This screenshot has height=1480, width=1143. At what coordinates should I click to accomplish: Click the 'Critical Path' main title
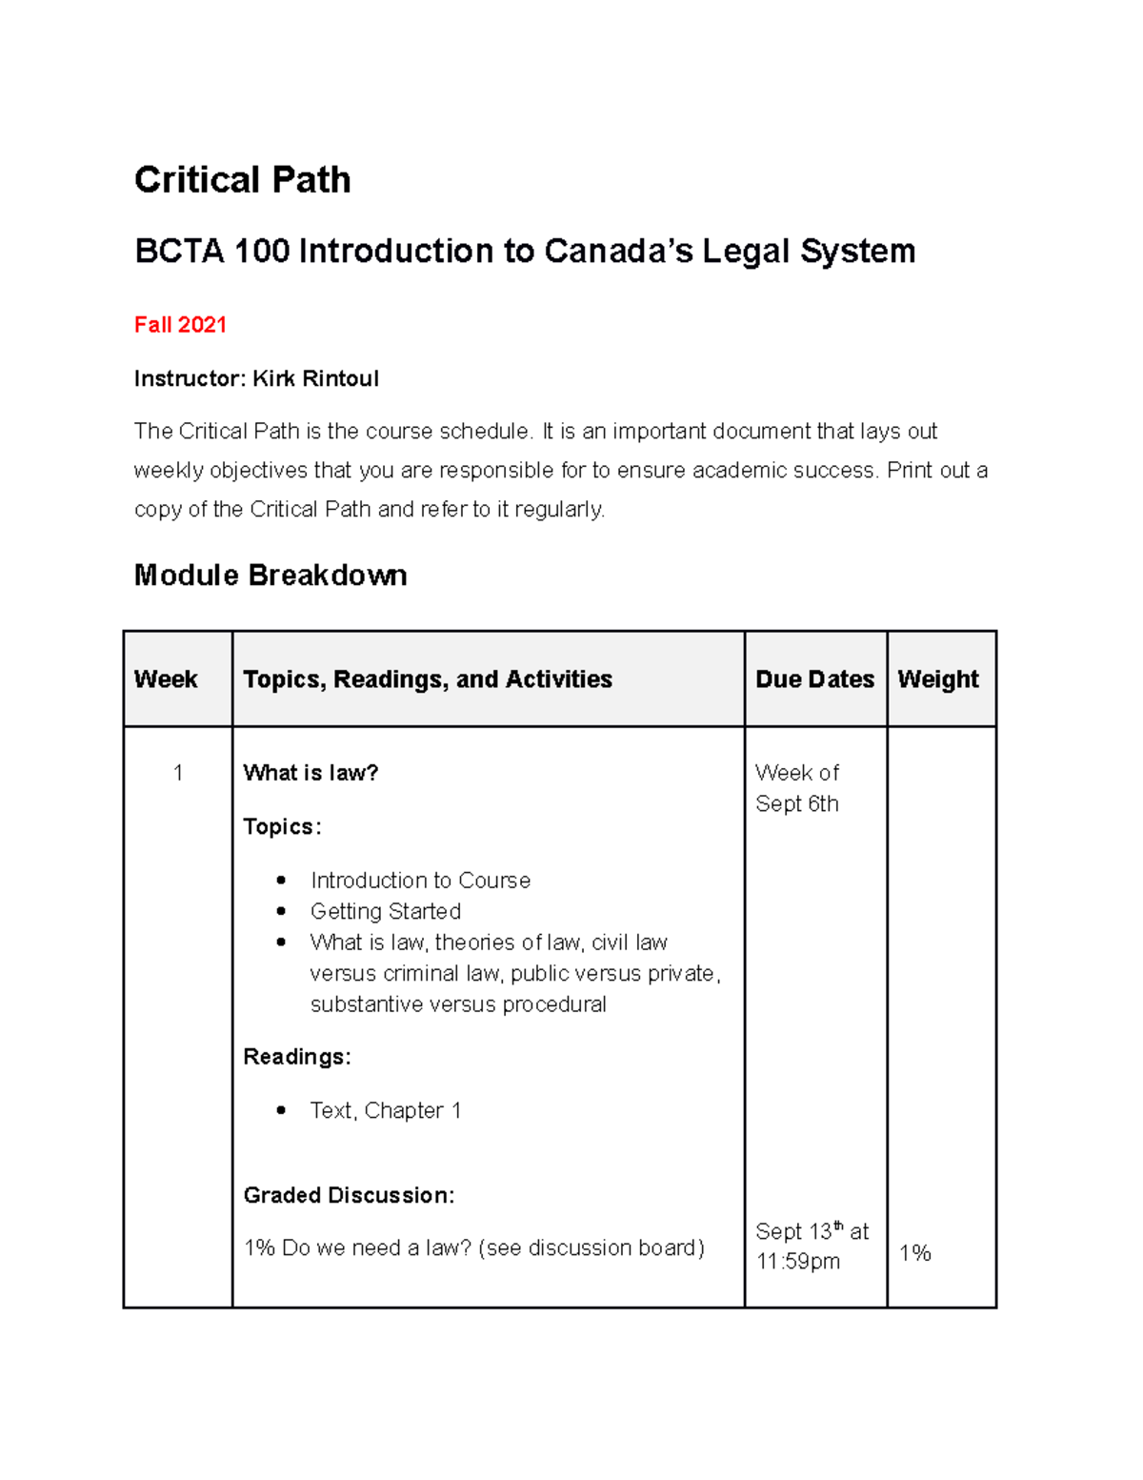pos(242,180)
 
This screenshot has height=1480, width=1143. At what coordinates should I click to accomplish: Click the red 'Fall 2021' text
pos(180,325)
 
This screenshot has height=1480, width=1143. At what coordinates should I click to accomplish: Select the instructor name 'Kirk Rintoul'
pos(315,379)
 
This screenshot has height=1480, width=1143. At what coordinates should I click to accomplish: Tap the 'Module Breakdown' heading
pos(271,576)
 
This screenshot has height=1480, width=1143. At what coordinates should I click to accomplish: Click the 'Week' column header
pos(166,679)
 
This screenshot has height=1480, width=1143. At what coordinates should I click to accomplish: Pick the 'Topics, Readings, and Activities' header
pos(427,679)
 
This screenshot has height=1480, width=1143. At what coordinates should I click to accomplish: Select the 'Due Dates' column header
pos(814,679)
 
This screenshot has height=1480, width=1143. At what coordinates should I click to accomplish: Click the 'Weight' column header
pos(937,679)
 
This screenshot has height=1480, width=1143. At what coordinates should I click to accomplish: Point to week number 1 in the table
pos(178,773)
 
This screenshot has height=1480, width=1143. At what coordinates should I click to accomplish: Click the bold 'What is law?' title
pos(311,773)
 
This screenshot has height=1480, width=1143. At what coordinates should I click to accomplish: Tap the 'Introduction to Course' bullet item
pos(420,881)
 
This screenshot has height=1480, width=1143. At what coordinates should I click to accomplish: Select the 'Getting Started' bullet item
pos(385,912)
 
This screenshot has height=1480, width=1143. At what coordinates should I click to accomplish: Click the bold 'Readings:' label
pos(297,1057)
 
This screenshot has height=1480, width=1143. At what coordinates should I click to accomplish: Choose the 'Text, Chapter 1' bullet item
pos(385,1111)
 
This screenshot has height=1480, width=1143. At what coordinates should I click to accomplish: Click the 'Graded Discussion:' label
pos(349,1195)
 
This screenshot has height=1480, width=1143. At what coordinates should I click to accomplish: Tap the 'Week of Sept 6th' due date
pos(797,788)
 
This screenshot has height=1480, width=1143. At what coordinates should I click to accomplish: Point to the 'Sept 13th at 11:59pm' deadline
pos(812,1247)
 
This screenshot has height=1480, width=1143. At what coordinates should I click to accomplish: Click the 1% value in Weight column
pos(914,1253)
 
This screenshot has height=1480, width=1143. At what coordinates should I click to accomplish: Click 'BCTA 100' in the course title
pos(211,252)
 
